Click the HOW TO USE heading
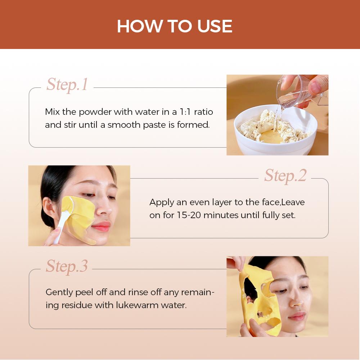coord(175,26)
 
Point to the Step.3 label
coord(67,266)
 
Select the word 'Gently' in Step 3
coord(59,292)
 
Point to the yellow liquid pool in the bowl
coord(271,137)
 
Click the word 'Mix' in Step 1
coord(52,112)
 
